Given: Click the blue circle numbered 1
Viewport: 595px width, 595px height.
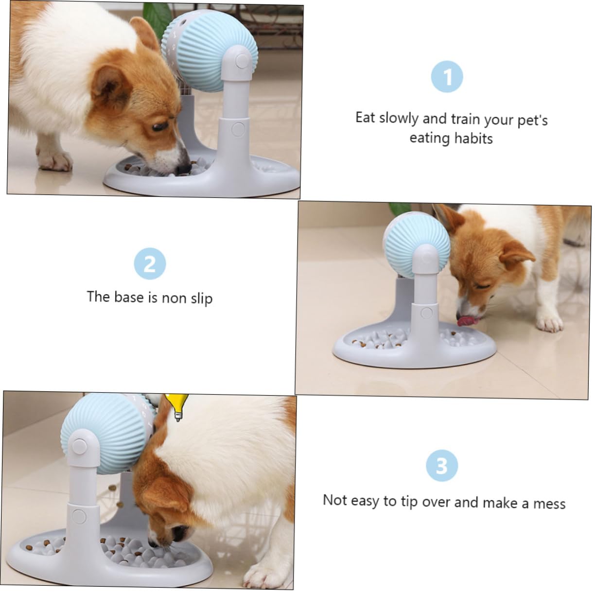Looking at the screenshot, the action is (446, 76).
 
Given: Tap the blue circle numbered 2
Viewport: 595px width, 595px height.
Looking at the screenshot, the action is (150, 263).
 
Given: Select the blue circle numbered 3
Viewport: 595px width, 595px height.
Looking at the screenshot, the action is (441, 465).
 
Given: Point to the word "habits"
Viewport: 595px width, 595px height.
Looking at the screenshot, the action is (473, 138).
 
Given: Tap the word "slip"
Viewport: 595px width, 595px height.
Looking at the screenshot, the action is (202, 298).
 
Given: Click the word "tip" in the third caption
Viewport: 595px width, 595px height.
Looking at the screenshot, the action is (410, 502).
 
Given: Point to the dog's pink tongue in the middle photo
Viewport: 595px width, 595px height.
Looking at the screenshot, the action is (467, 321).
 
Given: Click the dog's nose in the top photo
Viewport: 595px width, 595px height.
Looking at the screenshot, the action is (183, 168).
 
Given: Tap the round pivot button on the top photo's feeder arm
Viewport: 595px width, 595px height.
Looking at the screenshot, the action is (242, 61).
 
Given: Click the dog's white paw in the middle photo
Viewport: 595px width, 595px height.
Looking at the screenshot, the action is (550, 323).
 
